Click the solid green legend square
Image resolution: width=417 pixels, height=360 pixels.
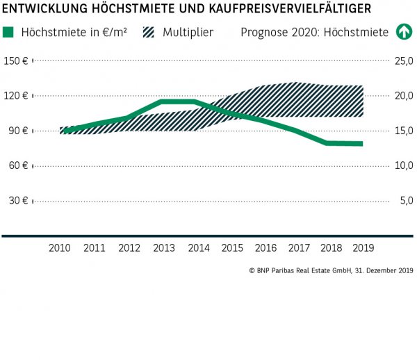[8, 32]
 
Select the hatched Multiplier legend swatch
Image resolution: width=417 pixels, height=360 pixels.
[148, 32]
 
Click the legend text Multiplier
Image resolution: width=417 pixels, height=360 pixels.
[188, 32]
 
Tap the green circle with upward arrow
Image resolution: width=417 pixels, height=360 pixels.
[403, 32]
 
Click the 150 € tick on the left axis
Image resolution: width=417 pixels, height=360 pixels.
[15, 61]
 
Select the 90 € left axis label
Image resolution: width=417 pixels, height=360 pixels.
[17, 131]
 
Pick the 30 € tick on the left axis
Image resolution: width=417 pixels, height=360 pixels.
[17, 201]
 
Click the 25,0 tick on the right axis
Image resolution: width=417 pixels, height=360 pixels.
[404, 61]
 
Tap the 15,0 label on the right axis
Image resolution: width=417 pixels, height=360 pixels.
[404, 131]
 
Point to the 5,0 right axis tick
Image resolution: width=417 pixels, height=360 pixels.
[406, 201]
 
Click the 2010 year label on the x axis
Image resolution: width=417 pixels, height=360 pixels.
[60, 247]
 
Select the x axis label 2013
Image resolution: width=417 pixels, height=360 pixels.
[163, 247]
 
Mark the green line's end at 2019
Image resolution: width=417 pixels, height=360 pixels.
[361, 144]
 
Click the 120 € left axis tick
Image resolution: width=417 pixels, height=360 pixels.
[15, 96]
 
